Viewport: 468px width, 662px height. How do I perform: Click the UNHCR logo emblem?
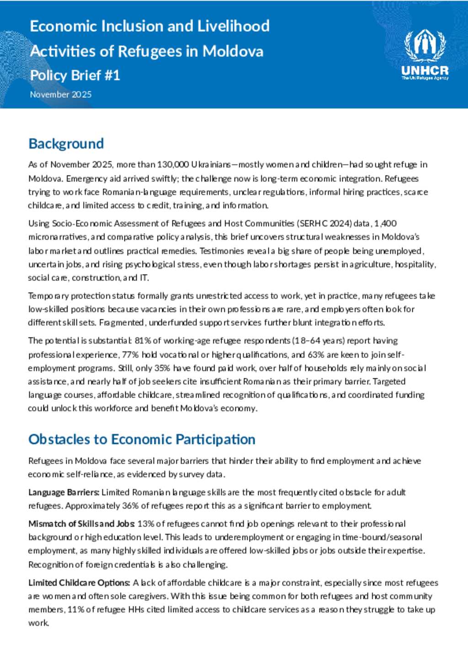point(425,46)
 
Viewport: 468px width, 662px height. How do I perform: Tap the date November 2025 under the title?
point(61,95)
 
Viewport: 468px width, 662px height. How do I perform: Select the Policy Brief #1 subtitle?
point(75,75)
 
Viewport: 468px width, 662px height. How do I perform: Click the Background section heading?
point(66,144)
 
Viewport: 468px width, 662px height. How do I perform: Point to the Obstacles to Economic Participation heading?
point(142,440)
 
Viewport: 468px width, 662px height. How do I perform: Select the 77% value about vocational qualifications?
point(130,355)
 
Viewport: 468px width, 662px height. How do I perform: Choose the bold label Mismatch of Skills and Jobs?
point(81,524)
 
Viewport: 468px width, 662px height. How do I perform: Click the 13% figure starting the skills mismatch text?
point(146,524)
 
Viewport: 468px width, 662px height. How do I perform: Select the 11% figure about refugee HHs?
point(75,610)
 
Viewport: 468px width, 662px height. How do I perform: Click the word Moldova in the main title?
point(233,51)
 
